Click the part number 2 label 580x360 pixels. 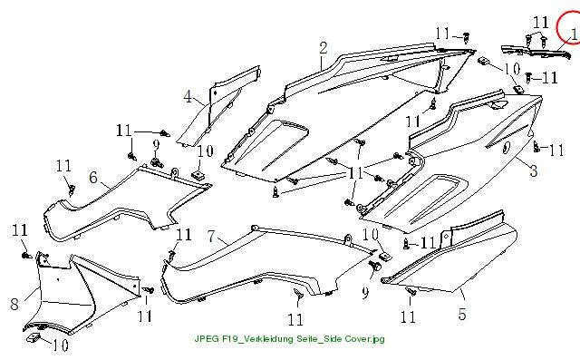tap(324, 48)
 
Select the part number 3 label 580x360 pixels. tap(534, 170)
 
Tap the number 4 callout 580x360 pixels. tap(188, 96)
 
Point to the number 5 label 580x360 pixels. tap(462, 314)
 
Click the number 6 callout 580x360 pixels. tap(93, 178)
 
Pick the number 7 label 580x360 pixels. tap(211, 237)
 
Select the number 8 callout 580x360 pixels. tap(14, 304)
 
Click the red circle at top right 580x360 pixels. tap(569, 26)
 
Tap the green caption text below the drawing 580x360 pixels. tap(290, 338)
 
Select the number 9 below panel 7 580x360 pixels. tap(365, 293)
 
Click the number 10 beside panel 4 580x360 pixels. tap(205, 151)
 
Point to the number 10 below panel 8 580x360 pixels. tap(61, 345)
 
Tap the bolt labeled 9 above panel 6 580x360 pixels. tap(157, 162)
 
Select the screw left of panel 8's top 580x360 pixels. tap(26, 256)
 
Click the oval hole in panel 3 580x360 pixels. tap(506, 147)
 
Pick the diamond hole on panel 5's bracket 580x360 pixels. tap(446, 236)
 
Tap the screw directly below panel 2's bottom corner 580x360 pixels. tap(275, 192)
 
